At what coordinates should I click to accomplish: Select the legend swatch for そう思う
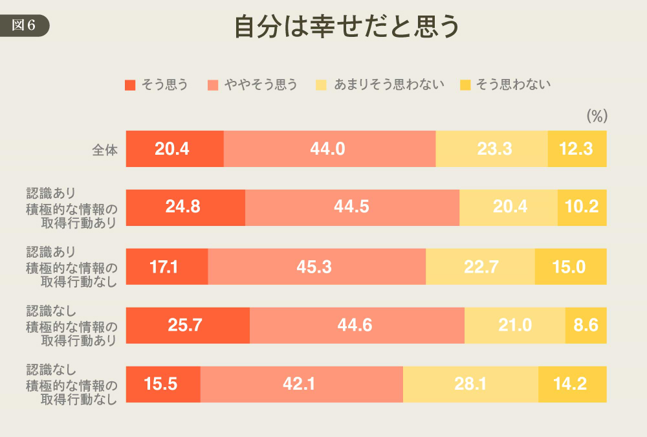[x=130, y=84]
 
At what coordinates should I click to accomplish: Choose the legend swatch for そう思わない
[x=465, y=84]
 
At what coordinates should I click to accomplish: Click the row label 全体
[x=105, y=150]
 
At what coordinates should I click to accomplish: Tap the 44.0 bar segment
[x=329, y=149]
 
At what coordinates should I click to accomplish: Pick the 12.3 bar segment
[x=577, y=149]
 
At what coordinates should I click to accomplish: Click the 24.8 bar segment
[x=186, y=207]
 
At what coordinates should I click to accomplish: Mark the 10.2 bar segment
[x=582, y=207]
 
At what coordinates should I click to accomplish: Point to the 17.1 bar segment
[x=167, y=267]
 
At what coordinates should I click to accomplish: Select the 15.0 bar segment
[x=571, y=267]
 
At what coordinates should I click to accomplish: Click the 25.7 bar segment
[x=188, y=326]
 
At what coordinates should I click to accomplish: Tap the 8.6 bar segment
[x=586, y=326]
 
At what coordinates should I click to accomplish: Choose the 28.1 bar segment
[x=470, y=385]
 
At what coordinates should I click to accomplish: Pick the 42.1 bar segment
[x=302, y=385]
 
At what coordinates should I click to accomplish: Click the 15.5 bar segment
[x=163, y=385]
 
